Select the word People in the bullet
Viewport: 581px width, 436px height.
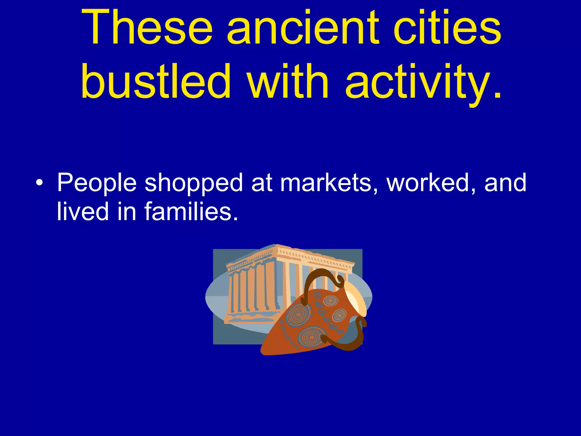pos(97,183)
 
